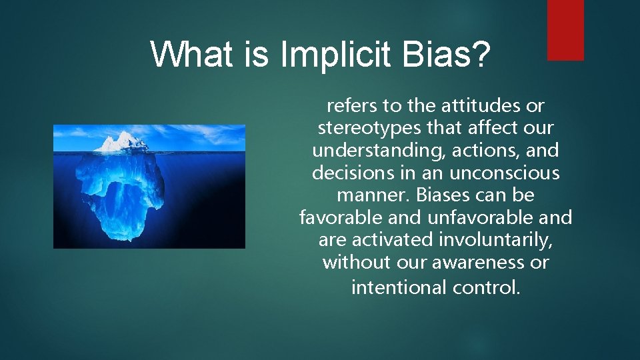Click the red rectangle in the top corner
565,30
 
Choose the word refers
351,105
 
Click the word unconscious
505,173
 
